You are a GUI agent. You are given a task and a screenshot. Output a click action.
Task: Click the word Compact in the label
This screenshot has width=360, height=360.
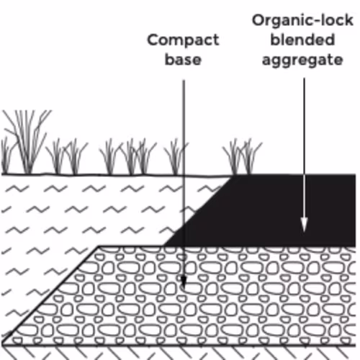[x=183, y=40]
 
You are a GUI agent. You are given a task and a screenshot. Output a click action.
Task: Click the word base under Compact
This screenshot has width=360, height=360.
[x=183, y=59]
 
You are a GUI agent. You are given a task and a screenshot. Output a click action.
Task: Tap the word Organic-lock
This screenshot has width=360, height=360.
[x=302, y=21]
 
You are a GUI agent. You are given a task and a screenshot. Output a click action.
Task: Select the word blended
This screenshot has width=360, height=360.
[x=302, y=40]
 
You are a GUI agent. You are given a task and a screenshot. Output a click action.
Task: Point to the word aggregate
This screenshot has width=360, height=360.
[x=302, y=60]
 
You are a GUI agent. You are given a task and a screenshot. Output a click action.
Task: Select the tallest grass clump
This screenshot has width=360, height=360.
[x=27, y=142]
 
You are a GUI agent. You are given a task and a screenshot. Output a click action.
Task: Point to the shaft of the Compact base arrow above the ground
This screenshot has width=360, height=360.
[x=184, y=127]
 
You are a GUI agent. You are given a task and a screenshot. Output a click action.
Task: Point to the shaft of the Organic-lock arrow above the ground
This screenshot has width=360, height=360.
[x=304, y=126]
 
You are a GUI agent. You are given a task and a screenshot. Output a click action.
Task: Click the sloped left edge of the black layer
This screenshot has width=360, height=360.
[x=198, y=211]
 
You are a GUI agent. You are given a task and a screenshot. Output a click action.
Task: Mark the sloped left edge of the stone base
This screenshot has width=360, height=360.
[x=50, y=296]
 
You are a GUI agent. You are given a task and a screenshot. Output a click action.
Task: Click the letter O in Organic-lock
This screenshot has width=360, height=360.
[x=258, y=21]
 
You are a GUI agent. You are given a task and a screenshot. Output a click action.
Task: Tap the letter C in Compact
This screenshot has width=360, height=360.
[x=153, y=40]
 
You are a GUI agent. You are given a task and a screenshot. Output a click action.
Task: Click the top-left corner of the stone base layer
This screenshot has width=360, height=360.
[x=99, y=246]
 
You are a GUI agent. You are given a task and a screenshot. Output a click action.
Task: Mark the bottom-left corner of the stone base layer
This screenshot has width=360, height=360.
[x=2, y=345]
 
